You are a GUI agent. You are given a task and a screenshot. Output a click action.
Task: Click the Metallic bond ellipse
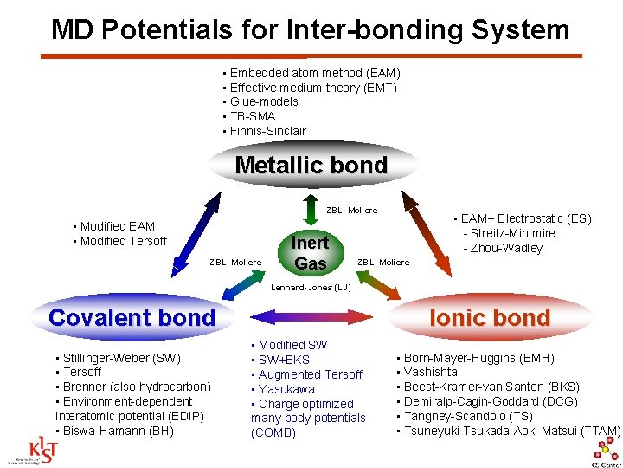311,165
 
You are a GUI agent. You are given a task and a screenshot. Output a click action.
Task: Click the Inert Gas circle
310,253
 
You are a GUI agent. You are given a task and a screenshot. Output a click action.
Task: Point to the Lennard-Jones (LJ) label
311,287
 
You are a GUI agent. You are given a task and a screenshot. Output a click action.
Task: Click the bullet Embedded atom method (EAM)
313,73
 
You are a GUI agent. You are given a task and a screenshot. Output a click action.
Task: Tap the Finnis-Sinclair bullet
267,131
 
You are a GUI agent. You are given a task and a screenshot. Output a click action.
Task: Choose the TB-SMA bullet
252,116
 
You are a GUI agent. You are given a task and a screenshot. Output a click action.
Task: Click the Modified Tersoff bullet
122,241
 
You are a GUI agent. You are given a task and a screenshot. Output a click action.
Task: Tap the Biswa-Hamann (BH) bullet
113,431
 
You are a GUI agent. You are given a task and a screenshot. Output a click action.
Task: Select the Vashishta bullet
430,372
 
